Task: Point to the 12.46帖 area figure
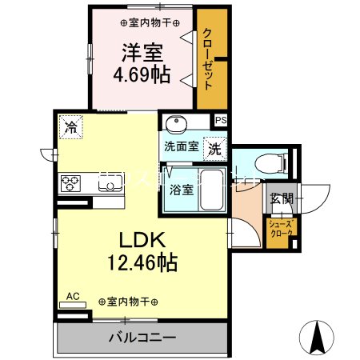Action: click(142, 262)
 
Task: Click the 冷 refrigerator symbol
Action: click(71, 126)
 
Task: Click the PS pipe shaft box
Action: click(220, 121)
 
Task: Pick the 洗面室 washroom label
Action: click(181, 147)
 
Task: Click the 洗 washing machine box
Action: click(215, 147)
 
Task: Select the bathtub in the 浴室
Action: click(210, 190)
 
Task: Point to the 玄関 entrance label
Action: click(280, 199)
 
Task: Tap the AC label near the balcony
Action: click(73, 297)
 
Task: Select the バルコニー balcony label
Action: click(142, 338)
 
